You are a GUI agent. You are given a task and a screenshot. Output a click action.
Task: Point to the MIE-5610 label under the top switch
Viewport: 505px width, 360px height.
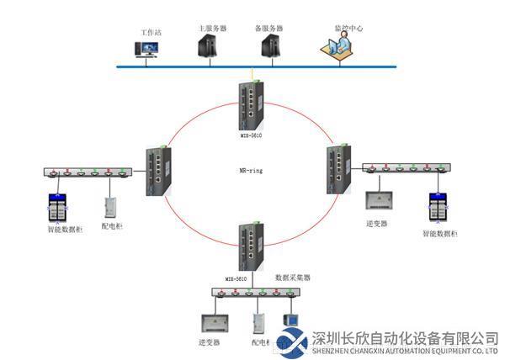pos(249,134)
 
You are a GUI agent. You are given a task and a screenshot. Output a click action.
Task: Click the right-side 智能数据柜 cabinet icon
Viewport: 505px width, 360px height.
pos(438,207)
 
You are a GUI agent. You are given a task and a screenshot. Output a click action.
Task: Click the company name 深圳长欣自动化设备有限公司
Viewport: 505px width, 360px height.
pos(404,337)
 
